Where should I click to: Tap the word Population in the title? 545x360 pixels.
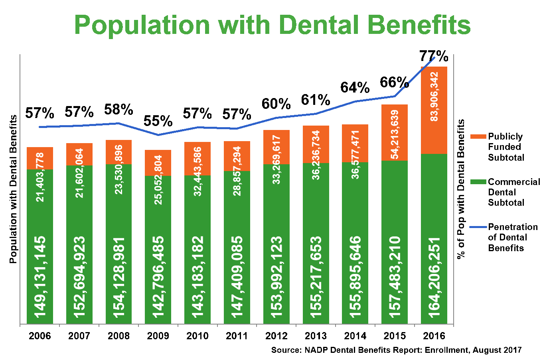pyautogui.click(x=142, y=25)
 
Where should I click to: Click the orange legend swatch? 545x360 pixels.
pyautogui.click(x=478, y=136)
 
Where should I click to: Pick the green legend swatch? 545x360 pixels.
pyautogui.click(x=478, y=182)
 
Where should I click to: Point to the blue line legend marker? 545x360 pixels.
pyautogui.click(x=478, y=227)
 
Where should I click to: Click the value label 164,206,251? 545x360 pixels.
pyautogui.click(x=434, y=277)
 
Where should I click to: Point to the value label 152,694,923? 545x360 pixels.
pyautogui.click(x=79, y=277)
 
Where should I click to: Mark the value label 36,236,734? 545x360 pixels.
pyautogui.click(x=316, y=155)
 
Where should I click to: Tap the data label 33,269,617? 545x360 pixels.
pyautogui.click(x=276, y=159)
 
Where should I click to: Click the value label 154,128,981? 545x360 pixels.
pyautogui.click(x=119, y=277)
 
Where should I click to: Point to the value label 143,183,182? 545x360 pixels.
pyautogui.click(x=197, y=277)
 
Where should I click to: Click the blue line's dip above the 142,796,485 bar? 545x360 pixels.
pyautogui.click(x=158, y=135)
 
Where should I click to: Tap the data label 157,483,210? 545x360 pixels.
pyautogui.click(x=395, y=277)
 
